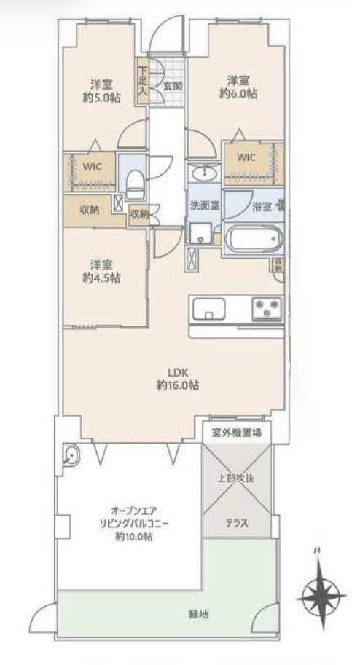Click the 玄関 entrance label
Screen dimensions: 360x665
pos(173,86)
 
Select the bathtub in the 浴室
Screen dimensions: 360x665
pos(254,239)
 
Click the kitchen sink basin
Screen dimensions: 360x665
pos(208,309)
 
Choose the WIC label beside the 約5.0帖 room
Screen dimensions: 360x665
pos(93,167)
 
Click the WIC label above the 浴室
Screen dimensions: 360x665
pos(246,157)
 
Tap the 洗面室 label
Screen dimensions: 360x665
pos(205,206)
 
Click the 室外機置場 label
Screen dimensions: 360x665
pos(236,434)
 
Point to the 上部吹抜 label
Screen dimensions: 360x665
pos(236,479)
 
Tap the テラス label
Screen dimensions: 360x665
pos(236,523)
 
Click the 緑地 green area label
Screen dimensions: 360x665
pos(198,614)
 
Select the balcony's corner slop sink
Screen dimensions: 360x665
pos(71,455)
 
